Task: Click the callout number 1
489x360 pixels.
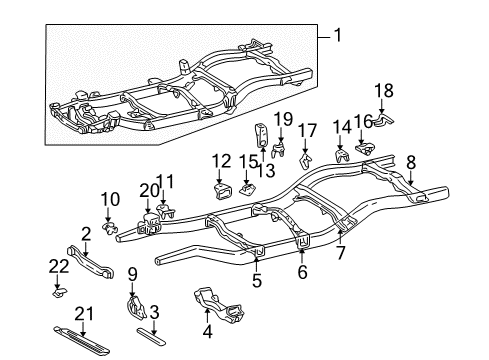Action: pyautogui.click(x=337, y=37)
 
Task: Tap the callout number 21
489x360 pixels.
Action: pyautogui.click(x=81, y=313)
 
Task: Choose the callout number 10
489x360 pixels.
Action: pyautogui.click(x=109, y=199)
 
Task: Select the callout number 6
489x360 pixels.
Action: pyautogui.click(x=301, y=271)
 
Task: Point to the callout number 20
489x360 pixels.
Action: pyautogui.click(x=149, y=189)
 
